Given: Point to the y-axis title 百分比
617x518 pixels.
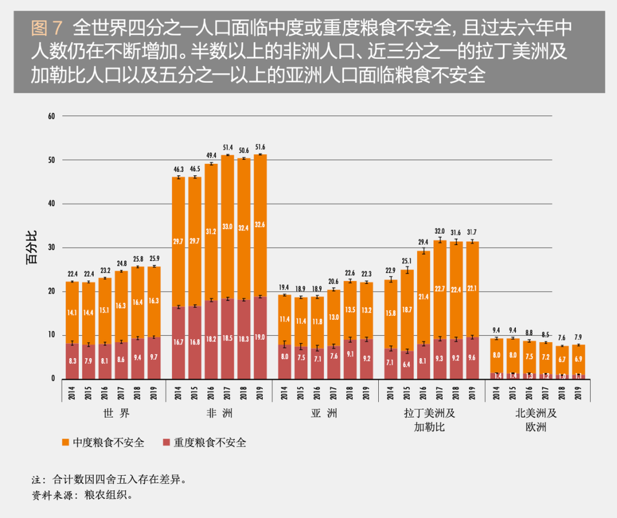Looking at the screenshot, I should [32, 248].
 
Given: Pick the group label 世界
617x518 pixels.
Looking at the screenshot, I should [113, 413].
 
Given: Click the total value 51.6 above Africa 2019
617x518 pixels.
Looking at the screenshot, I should [260, 148].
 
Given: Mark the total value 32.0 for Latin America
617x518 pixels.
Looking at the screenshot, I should [440, 231].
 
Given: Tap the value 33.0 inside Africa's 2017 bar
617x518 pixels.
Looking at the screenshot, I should [227, 227].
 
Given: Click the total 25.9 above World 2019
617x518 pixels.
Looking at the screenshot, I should [153, 259].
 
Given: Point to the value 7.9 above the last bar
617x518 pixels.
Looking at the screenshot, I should [578, 337].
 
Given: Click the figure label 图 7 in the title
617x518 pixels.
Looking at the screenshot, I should [46, 28].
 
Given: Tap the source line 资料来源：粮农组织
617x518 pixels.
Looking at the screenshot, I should [82, 495].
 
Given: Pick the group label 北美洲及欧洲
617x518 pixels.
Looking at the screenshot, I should [537, 420].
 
